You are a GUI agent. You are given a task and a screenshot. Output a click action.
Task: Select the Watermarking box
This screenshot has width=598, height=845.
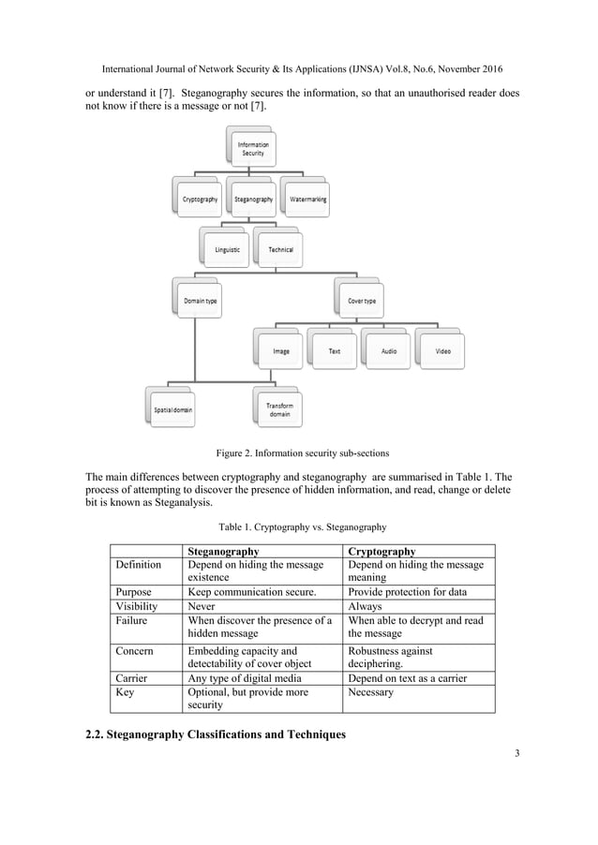pos(307,200)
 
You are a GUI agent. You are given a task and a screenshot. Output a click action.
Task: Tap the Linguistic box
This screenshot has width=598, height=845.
pos(226,249)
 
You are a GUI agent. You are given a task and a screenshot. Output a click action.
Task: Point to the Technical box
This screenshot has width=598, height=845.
pos(279,249)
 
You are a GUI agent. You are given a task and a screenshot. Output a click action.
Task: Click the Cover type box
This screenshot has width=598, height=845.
pos(361,301)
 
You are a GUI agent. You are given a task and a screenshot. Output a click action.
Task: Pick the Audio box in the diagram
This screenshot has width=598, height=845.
pos(388,352)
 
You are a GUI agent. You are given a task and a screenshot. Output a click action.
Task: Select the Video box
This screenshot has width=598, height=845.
pos(442,352)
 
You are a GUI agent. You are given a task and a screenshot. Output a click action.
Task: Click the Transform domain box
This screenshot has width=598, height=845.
pos(279,409)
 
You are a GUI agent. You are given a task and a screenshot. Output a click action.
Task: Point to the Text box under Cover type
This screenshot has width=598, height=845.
pos(334,352)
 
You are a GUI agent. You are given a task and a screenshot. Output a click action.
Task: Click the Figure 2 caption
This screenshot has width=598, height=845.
pos(299,454)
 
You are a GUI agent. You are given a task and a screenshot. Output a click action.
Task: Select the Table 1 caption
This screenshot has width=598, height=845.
pos(299,526)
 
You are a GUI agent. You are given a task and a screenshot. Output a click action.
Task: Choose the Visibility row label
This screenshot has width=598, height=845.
pos(137,605)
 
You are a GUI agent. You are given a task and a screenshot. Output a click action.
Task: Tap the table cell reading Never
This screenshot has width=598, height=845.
pos(202,605)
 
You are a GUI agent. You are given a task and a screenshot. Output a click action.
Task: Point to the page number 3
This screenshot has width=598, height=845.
pos(517,753)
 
